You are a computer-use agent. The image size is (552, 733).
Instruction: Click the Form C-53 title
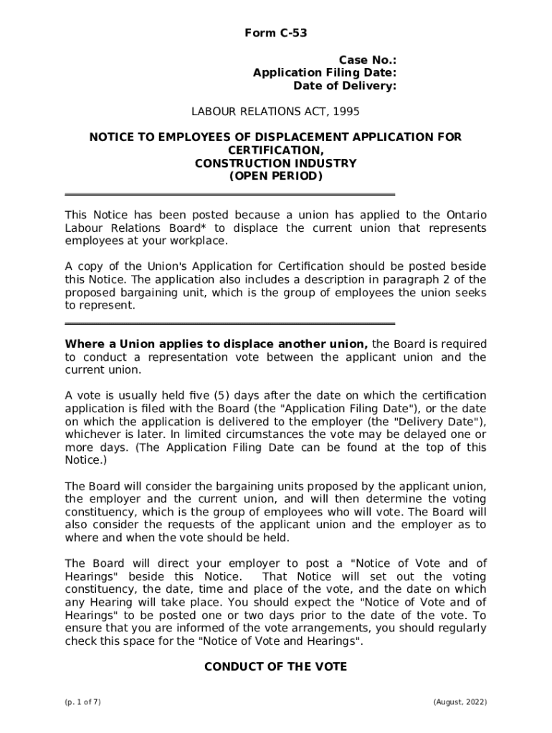(276, 33)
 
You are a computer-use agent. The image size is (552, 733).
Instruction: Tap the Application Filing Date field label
(325, 72)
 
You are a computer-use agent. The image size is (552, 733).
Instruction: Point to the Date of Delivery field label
(345, 86)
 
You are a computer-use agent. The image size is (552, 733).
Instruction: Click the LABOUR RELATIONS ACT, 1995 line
(275, 112)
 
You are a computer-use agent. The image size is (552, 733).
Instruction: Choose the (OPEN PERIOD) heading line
(275, 176)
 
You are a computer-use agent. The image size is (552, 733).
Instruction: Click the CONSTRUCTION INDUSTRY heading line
(275, 163)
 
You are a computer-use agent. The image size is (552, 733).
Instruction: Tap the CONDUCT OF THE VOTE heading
(275, 666)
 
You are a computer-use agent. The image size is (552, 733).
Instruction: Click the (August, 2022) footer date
(460, 702)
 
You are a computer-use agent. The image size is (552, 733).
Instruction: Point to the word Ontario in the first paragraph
(466, 215)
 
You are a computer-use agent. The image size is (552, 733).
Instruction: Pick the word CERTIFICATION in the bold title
(275, 150)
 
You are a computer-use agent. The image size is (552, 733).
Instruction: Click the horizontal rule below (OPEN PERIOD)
(229, 194)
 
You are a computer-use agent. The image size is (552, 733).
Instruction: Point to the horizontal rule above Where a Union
(229, 324)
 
